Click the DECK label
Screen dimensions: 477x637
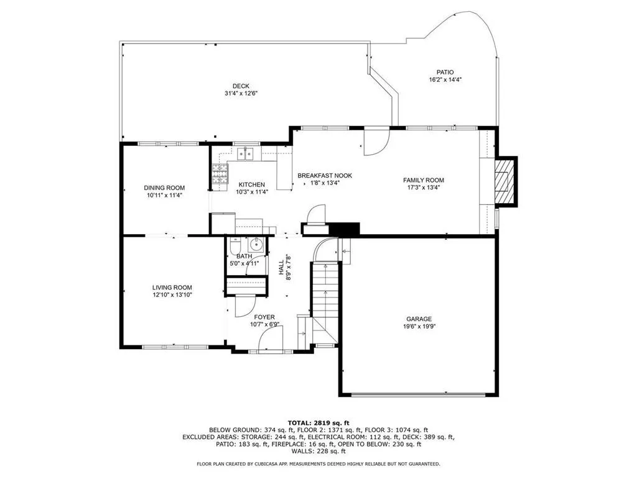point(241,86)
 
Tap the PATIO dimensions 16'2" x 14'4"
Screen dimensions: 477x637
point(445,79)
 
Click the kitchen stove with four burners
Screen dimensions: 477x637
point(220,175)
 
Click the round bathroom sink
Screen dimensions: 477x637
point(256,246)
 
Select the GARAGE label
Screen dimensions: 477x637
point(419,318)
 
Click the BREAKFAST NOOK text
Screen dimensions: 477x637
point(324,176)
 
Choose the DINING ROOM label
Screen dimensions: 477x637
point(164,188)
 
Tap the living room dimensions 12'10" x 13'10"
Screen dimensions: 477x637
point(172,295)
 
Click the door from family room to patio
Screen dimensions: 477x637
point(375,142)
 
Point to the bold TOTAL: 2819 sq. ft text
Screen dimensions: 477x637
point(318,422)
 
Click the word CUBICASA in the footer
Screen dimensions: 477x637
point(276,464)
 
